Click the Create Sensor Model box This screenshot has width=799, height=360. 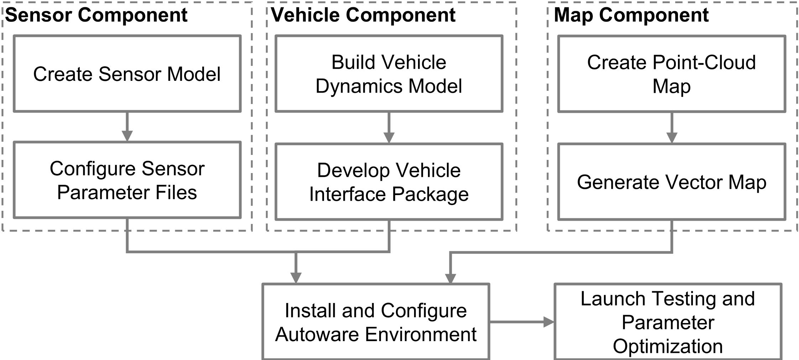coord(127,74)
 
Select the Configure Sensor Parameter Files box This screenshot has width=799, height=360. coord(127,180)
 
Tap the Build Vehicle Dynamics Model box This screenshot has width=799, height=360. coord(389,74)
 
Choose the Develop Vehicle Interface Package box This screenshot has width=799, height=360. coord(389,182)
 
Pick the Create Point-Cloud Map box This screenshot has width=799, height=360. coord(672,74)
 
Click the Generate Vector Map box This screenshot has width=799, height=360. coord(672,182)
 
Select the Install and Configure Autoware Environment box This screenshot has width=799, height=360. coord(376,322)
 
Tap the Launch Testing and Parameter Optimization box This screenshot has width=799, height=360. coord(668,322)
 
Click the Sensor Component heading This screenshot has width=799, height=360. coord(96,15)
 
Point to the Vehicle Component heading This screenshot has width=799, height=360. coord(363,15)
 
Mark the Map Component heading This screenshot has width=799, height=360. coord(631,15)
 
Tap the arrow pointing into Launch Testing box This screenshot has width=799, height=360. coord(522,322)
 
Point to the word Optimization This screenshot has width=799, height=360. coord(668,346)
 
